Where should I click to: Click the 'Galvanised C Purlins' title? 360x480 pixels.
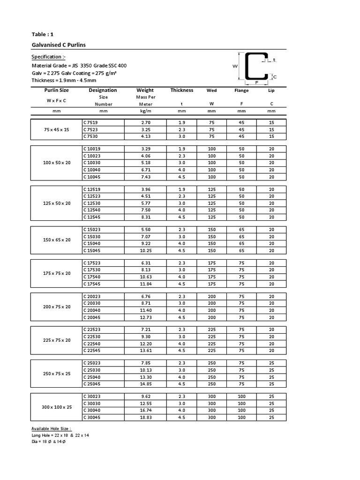click(x=58, y=45)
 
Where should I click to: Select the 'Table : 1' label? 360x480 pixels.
click(x=42, y=34)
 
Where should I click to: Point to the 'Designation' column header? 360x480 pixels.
click(x=103, y=90)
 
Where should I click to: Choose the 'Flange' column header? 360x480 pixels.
click(x=241, y=90)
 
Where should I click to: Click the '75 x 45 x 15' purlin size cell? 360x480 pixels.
click(x=56, y=129)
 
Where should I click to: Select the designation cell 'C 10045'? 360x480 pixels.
click(x=92, y=177)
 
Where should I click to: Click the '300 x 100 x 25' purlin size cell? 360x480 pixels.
click(x=56, y=407)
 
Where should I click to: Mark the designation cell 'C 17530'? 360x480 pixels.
click(x=92, y=270)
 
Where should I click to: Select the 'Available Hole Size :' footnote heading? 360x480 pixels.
click(x=51, y=428)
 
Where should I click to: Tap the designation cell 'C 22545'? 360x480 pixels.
click(x=92, y=350)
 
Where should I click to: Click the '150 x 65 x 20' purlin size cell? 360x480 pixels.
click(x=56, y=240)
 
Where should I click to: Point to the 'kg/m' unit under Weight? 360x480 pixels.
click(x=145, y=111)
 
